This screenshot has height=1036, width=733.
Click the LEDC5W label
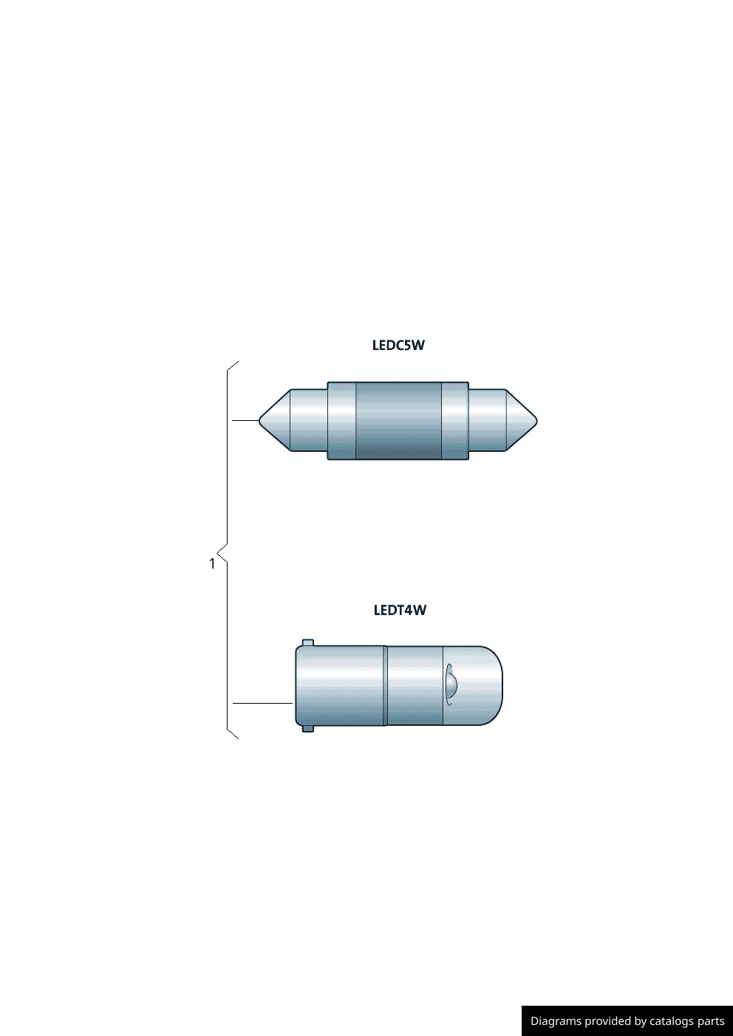(x=398, y=346)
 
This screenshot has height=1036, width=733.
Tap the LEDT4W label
(x=400, y=610)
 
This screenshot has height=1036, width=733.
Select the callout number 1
(x=212, y=564)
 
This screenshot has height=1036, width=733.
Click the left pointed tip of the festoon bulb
(x=259, y=420)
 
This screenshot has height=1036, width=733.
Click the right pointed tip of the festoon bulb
(x=536, y=420)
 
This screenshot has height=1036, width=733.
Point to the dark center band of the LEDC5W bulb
(x=398, y=421)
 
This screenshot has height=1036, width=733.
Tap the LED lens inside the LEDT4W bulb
(x=450, y=685)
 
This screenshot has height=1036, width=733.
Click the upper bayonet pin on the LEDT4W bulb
(x=307, y=643)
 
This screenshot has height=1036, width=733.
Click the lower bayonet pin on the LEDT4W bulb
(x=307, y=728)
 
